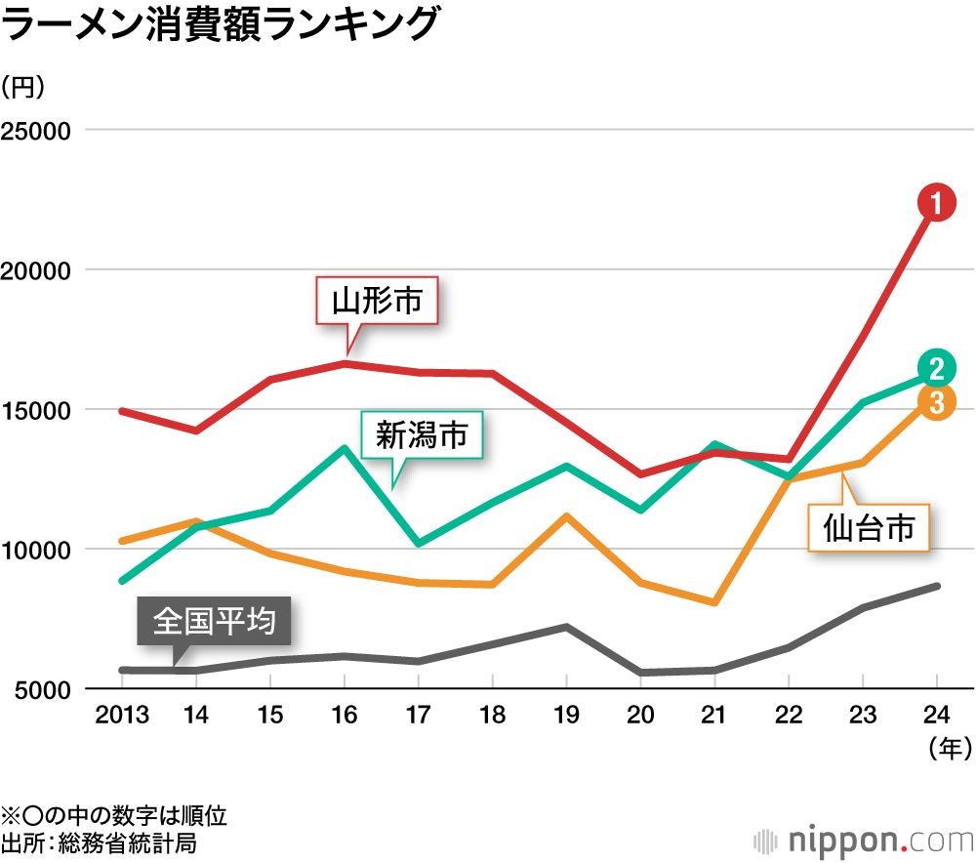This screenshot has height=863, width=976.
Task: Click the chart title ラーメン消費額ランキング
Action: (x=219, y=24)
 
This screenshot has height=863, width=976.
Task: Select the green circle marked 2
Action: (x=935, y=368)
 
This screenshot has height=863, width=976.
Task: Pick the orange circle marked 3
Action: (x=935, y=401)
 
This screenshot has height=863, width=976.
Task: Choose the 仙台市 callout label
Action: (x=869, y=528)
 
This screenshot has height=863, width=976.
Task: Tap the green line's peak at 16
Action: (x=344, y=448)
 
